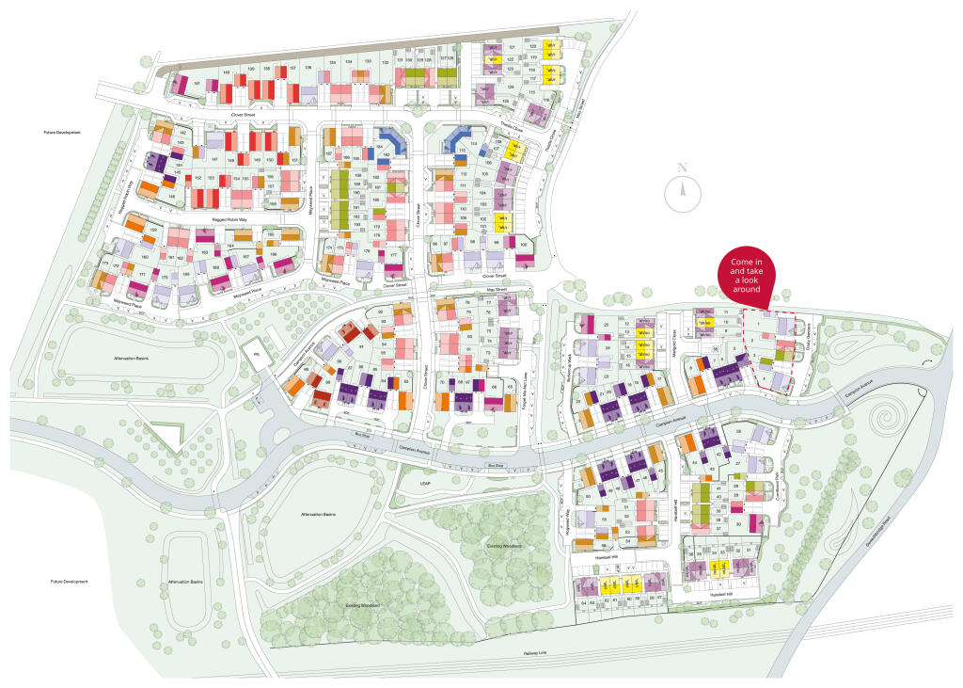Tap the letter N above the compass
pos(684,168)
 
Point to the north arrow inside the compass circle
pos(684,194)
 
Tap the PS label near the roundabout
pos(254,353)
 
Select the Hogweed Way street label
pos(569,520)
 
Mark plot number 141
pos(197,85)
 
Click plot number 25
pos(607,326)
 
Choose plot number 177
pos(393,255)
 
